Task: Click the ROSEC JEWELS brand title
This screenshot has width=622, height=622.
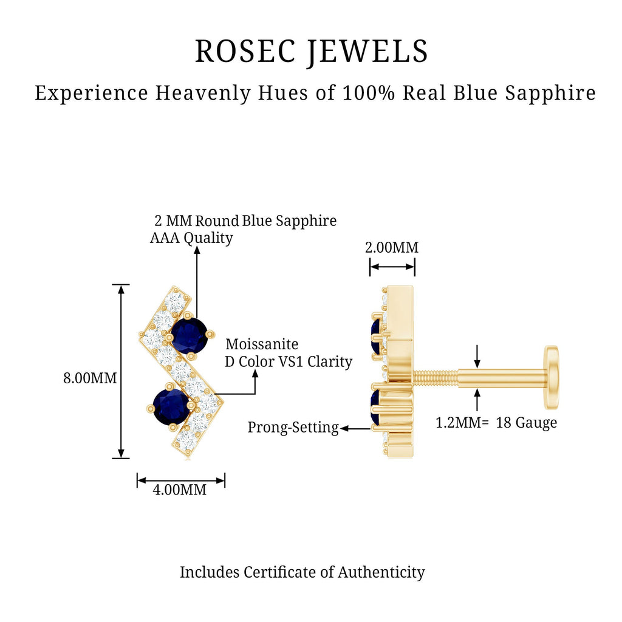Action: coord(311,51)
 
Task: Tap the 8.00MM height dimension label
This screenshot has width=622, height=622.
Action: coord(90,378)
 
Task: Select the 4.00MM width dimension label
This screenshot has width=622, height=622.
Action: coord(180,490)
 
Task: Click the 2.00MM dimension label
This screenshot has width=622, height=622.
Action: coord(391,248)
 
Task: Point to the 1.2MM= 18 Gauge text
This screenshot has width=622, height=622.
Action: coord(496,423)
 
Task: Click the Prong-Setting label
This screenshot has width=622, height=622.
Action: coord(293,428)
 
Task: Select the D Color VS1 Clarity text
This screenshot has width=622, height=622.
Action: coord(288,362)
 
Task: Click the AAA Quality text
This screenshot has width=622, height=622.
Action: coord(191,238)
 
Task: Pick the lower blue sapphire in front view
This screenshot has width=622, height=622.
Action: coord(171,406)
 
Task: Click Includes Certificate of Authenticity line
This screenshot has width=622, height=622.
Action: coord(302,572)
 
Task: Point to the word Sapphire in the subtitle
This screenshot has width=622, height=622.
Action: coord(551,93)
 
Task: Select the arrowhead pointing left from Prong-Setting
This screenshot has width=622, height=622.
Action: coord(344,428)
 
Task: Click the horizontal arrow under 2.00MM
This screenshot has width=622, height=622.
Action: coord(392,266)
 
